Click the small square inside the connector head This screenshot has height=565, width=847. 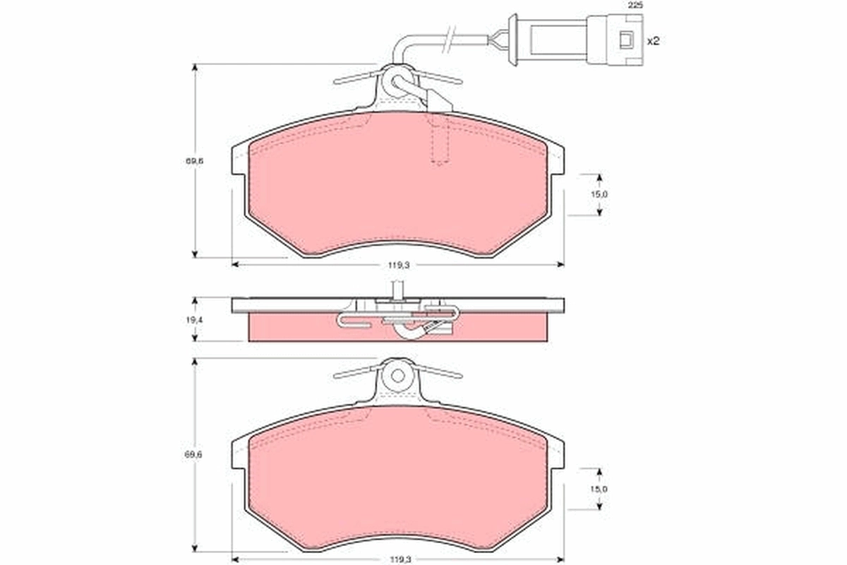[625, 40]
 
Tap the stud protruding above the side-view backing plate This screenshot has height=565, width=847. [397, 289]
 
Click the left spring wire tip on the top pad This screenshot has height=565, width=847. [337, 83]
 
